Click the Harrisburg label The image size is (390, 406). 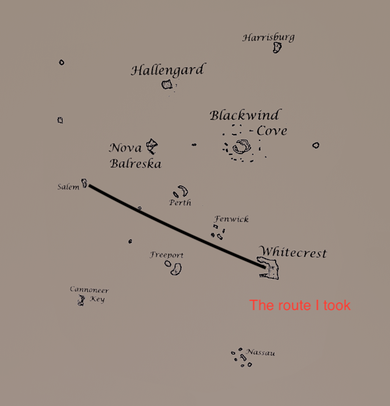pos(268,37)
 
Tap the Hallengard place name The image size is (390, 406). pos(168,70)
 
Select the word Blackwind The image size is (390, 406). pos(245,115)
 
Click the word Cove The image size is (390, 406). pos(272,130)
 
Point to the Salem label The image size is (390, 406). pos(68,187)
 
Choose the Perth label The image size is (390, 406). pos(180,203)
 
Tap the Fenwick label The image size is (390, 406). pos(231,220)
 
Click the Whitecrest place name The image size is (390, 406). pos(293,252)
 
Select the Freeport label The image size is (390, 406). pos(167,255)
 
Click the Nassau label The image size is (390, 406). pos(260,352)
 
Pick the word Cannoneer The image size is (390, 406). pos(89,290)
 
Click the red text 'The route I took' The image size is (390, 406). pos(300,305)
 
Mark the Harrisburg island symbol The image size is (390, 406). pos(277,47)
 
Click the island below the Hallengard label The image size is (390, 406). pos(167,84)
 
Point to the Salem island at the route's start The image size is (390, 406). pos(84,182)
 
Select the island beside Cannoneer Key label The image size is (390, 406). pos(81,300)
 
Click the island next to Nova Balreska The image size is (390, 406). pos(152,146)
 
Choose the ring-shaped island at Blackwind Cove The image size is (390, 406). pos(242,147)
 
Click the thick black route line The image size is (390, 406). pos(175,224)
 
